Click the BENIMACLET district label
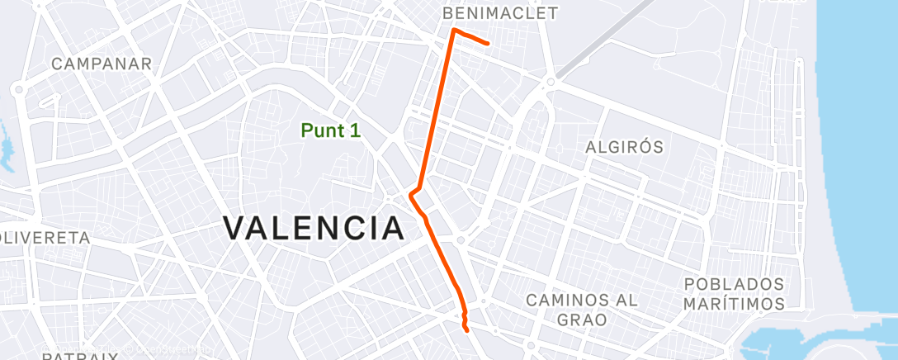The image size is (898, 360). [500, 14]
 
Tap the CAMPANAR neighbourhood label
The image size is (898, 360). [102, 64]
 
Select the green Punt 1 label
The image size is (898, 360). [330, 130]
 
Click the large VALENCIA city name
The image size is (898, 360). [314, 228]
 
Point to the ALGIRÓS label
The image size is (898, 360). [624, 147]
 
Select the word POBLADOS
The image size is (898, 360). [734, 284]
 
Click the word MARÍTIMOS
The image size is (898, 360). [734, 305]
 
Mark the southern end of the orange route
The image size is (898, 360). [467, 329]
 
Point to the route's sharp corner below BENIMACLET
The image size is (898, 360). [454, 30]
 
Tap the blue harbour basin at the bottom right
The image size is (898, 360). [784, 343]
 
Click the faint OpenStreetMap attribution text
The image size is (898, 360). [165, 350]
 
